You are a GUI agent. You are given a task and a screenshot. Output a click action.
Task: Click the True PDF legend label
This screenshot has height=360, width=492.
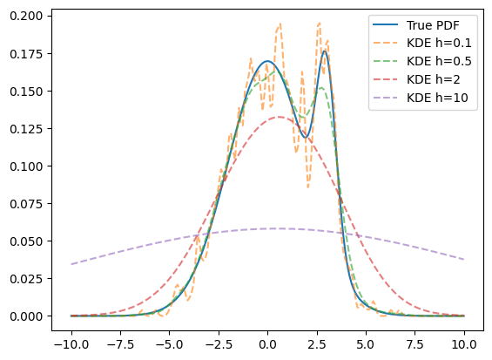click(x=433, y=25)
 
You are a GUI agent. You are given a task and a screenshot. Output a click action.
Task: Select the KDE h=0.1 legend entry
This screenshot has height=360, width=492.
click(x=439, y=43)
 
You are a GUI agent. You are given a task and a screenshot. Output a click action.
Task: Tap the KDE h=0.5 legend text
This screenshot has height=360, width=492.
click(x=439, y=61)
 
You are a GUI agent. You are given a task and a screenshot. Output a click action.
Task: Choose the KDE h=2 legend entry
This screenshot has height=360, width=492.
click(x=434, y=79)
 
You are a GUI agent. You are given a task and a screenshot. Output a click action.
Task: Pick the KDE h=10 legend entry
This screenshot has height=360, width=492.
click(x=437, y=98)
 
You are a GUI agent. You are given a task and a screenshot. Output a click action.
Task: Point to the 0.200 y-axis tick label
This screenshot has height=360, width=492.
click(x=26, y=16)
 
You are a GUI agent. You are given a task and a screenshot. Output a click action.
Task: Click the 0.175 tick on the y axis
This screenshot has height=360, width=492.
click(x=26, y=54)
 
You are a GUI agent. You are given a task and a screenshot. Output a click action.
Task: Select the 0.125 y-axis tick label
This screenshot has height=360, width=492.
click(x=26, y=129)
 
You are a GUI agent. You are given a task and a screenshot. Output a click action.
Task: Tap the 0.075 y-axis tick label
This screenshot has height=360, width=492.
click(x=26, y=204)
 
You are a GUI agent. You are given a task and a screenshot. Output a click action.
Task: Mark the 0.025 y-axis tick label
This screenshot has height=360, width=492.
click(x=26, y=279)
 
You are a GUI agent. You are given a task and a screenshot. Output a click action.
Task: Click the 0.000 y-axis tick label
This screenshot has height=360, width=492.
click(x=26, y=316)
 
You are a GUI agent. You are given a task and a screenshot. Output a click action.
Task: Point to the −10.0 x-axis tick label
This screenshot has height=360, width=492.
click(x=71, y=345)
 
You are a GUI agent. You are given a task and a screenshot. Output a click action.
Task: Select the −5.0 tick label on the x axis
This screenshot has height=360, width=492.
click(x=170, y=345)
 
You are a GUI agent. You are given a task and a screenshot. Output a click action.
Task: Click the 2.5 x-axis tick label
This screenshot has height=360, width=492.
click(x=317, y=345)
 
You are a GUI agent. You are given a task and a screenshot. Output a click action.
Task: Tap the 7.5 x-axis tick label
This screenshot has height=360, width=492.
click(x=415, y=345)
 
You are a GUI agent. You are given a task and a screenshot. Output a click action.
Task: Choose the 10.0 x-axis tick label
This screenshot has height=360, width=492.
click(x=464, y=345)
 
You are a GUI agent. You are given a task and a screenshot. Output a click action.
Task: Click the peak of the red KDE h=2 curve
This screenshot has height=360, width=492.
click(x=279, y=117)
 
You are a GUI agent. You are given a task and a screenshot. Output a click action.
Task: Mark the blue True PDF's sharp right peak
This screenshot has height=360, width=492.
click(x=325, y=51)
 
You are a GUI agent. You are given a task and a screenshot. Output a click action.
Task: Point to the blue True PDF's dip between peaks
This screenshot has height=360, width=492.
click(x=305, y=138)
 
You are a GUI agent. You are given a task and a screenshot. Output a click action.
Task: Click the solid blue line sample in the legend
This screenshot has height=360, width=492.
click(x=385, y=24)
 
